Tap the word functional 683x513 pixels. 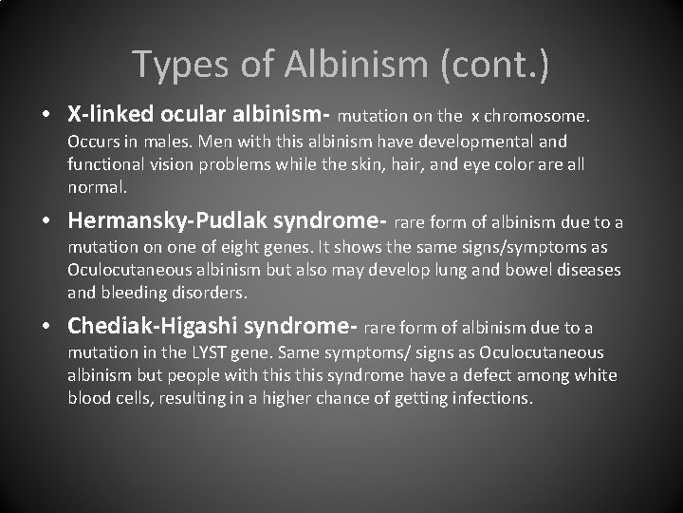[107, 164]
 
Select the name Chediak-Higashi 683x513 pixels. [153, 327]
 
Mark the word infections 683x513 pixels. [486, 398]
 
